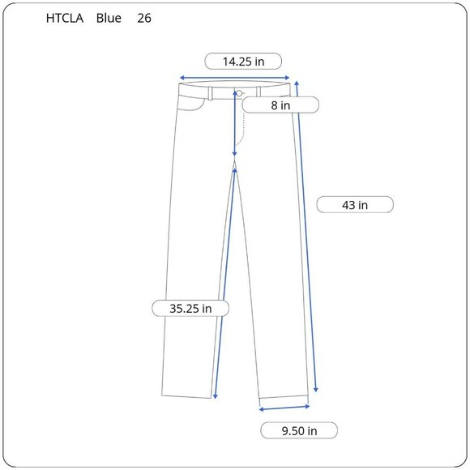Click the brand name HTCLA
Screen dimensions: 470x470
[x=65, y=19]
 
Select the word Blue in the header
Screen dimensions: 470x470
[x=109, y=19]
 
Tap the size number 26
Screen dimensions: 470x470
[x=144, y=19]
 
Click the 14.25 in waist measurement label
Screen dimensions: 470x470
[x=243, y=62]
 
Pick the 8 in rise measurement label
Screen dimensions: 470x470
[x=280, y=105]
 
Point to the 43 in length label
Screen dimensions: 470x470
[x=355, y=205]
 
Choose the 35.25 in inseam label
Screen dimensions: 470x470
[x=190, y=309]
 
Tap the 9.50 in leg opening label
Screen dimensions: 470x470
[x=299, y=431]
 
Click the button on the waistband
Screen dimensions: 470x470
[x=240, y=93]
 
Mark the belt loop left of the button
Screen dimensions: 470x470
[x=211, y=93]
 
